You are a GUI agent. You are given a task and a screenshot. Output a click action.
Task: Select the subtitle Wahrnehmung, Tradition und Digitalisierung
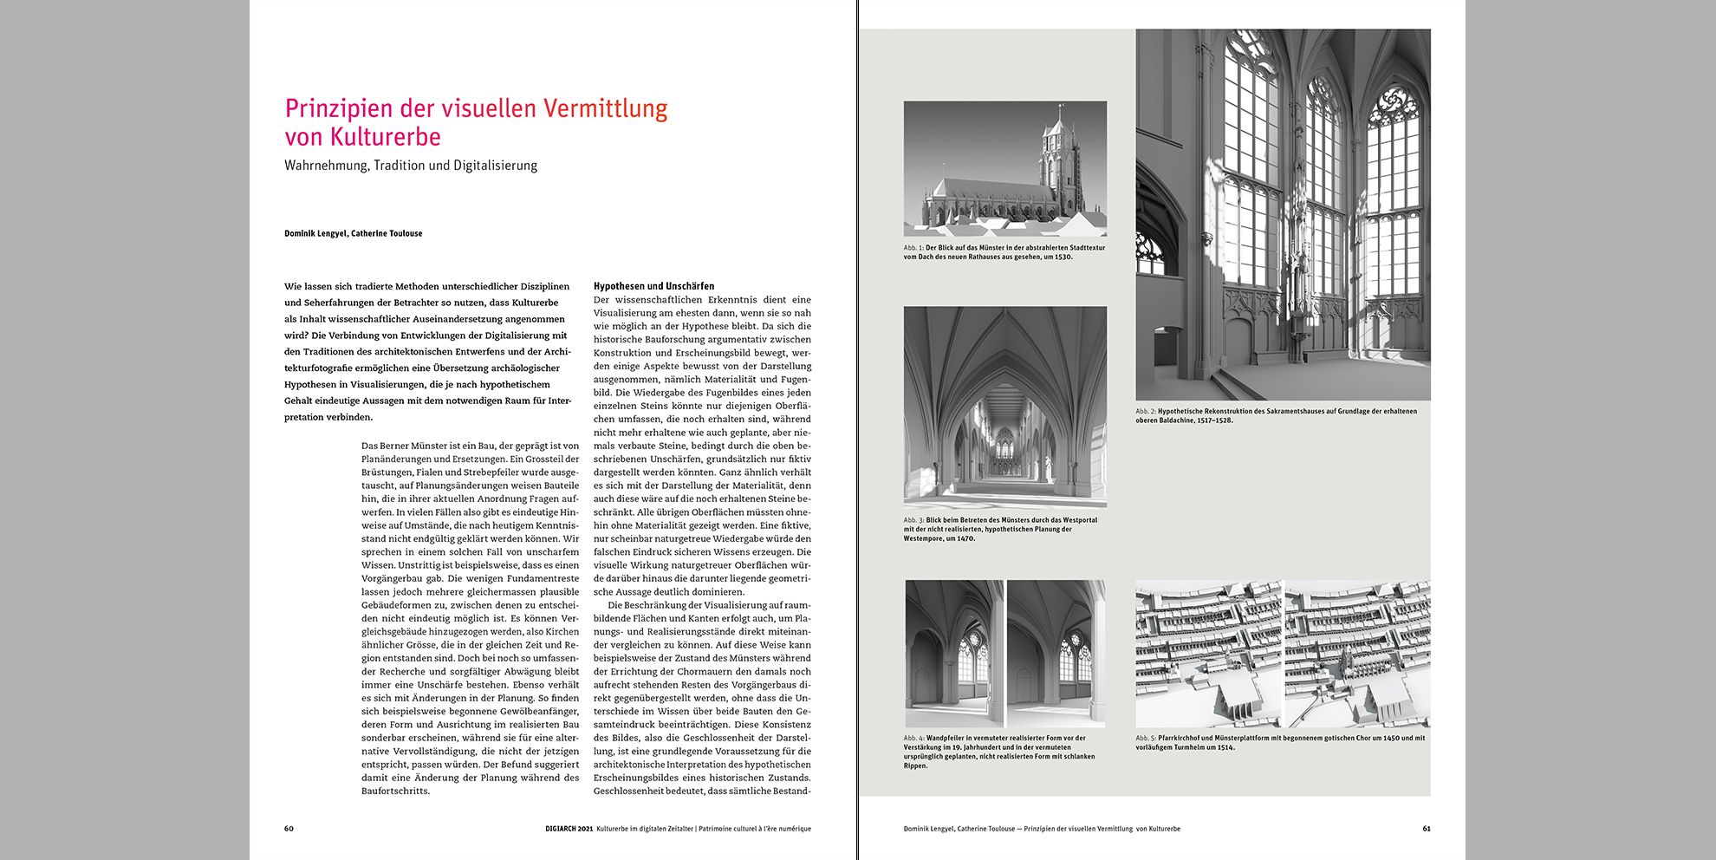pos(411,166)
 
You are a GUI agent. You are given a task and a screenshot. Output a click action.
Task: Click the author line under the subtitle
pos(353,233)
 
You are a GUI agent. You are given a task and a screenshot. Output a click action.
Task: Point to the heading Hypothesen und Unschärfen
pos(653,286)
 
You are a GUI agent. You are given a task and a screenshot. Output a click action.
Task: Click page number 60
pos(289,829)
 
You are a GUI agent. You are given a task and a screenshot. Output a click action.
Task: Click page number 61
pos(1426,829)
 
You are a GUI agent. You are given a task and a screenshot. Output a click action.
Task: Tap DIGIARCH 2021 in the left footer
pos(568,829)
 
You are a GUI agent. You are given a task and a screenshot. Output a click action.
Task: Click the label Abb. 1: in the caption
pos(913,248)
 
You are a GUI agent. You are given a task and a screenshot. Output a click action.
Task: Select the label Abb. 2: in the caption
pos(1146,412)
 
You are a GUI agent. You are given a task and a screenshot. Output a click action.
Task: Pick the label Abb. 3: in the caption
pos(913,520)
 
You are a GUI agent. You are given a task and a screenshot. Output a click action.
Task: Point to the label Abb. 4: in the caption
pos(913,739)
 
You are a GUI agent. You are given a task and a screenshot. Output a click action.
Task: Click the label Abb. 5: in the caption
pos(1146,739)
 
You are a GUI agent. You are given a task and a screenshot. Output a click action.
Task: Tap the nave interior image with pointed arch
pos(1004,406)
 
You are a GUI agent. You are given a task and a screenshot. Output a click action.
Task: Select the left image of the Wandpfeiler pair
pos(954,654)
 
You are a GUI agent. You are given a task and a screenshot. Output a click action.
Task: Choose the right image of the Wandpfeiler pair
pos(1056,654)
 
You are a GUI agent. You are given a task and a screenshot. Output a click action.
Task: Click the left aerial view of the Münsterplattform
pos(1207,655)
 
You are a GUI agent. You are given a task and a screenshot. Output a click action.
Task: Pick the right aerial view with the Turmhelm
pos(1357,655)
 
